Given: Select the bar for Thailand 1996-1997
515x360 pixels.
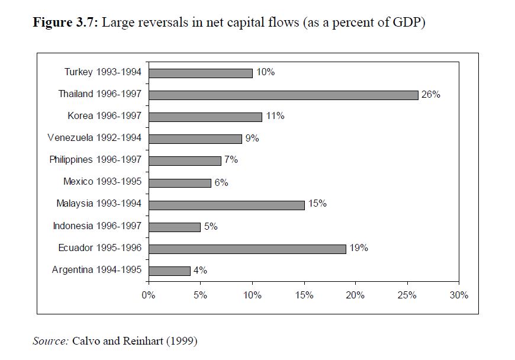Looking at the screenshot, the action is [x=284, y=95].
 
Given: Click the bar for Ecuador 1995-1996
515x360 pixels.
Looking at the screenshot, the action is [x=247, y=249].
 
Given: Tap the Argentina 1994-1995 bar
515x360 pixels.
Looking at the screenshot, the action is [x=169, y=271].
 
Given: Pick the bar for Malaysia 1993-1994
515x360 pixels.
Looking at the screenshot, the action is [x=227, y=205].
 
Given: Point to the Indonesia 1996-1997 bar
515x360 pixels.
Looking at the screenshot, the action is [x=175, y=227].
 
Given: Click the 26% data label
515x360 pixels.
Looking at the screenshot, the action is [x=431, y=95].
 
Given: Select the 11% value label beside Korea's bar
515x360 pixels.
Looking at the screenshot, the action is [x=275, y=116].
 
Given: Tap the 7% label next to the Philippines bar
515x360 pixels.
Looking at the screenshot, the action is [x=231, y=160].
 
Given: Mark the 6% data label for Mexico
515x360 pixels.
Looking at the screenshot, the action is [x=221, y=182].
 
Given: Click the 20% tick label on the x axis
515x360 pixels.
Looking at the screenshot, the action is [x=355, y=295].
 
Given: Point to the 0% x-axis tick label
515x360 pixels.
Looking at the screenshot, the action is [x=149, y=295].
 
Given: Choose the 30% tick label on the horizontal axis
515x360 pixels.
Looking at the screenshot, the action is [x=459, y=295].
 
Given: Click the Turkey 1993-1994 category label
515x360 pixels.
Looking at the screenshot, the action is [x=103, y=72].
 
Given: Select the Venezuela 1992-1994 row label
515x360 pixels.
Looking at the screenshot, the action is [x=95, y=137].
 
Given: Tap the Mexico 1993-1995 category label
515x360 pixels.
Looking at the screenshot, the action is [x=102, y=181].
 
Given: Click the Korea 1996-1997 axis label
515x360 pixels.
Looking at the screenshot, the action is [x=104, y=115].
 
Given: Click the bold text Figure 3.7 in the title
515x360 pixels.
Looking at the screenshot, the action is [x=65, y=22].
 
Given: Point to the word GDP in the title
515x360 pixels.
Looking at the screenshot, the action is [x=407, y=22].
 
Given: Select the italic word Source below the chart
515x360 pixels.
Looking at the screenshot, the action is [x=50, y=341].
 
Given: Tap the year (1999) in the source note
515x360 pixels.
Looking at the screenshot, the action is [x=182, y=341].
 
